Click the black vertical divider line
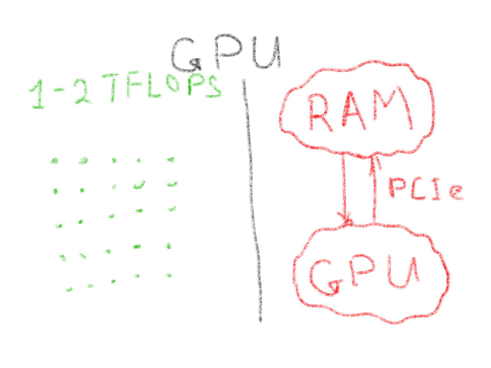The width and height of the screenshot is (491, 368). (253, 202)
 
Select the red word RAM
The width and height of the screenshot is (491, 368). (360, 111)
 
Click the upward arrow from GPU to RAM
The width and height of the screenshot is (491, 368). (374, 190)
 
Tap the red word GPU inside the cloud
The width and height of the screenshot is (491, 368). (364, 276)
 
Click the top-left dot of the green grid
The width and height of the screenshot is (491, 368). (55, 161)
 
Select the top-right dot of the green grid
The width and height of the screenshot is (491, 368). (171, 159)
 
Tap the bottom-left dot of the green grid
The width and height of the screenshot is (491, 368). (69, 289)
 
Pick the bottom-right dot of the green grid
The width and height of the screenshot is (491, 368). (169, 275)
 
